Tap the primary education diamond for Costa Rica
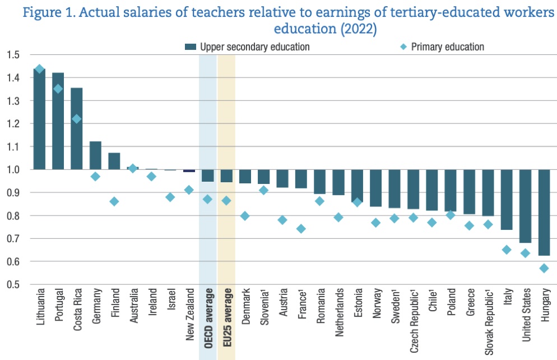pos(77,119)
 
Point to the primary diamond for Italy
pos(507,250)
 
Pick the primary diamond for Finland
pos(114,201)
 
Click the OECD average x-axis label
pos(208,319)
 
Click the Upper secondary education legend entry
pos(247,47)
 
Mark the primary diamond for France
pos(301,229)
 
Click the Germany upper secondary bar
pos(96,155)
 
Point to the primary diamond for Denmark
pos(245,216)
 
